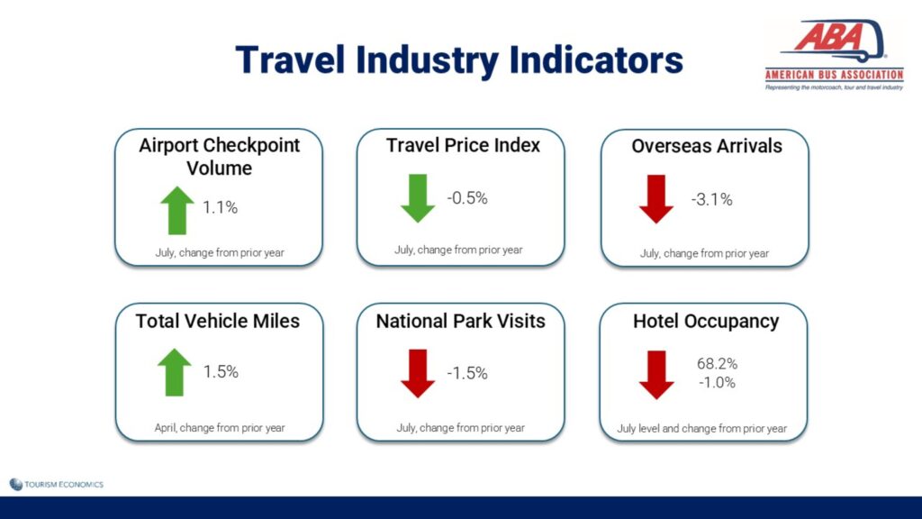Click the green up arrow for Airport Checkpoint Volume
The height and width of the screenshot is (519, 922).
(177, 211)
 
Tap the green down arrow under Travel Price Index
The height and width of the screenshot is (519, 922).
(418, 198)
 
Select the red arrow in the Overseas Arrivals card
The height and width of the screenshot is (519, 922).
(656, 199)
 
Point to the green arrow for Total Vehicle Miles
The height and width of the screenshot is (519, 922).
(175, 372)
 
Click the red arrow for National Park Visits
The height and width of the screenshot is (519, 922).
(418, 374)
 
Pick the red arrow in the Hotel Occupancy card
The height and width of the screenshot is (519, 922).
(656, 375)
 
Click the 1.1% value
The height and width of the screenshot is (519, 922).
(220, 208)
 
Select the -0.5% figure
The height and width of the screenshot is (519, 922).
(467, 198)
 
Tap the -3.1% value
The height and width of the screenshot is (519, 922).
(712, 200)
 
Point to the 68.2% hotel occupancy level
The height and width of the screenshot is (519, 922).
(718, 364)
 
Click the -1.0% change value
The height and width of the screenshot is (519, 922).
(718, 382)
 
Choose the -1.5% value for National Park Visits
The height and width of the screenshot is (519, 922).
(467, 373)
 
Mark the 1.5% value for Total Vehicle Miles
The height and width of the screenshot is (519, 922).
(221, 372)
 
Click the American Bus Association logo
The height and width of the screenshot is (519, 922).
(834, 55)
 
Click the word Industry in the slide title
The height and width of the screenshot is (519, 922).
(428, 60)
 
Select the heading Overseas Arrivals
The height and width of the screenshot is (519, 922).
(707, 146)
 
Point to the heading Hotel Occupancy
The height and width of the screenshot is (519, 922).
(706, 322)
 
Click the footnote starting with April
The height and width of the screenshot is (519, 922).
(220, 428)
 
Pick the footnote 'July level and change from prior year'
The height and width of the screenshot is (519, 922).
(701, 429)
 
